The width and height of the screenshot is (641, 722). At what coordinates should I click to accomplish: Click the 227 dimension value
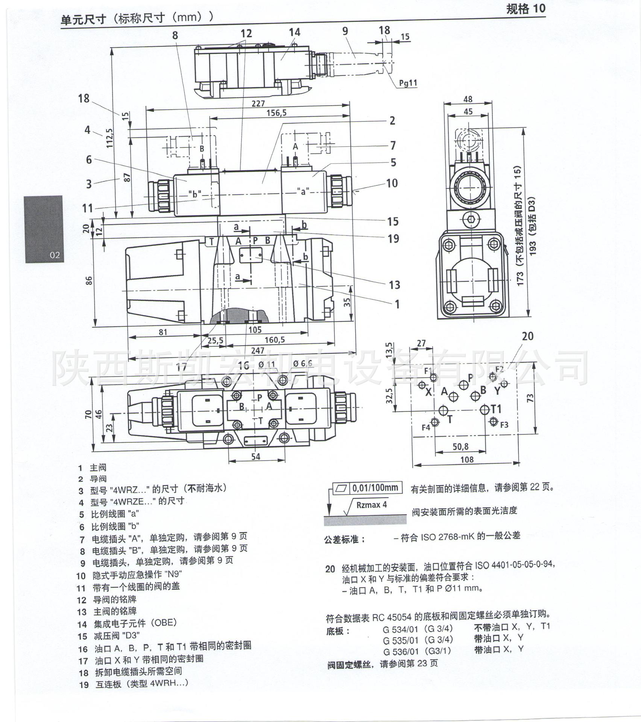258,103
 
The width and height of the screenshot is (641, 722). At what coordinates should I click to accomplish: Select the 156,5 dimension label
276,113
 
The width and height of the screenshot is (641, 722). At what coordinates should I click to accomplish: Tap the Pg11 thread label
408,83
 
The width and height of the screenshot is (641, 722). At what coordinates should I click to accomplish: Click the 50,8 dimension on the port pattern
460,447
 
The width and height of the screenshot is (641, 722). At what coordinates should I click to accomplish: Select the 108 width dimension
467,460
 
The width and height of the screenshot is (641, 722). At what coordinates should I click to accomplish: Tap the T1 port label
496,409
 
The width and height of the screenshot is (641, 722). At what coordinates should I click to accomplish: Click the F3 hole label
504,425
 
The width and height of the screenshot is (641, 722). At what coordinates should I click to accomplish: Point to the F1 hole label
428,371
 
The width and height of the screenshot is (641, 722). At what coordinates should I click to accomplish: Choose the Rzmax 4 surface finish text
371,505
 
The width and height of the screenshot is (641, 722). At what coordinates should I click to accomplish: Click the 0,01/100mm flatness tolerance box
375,488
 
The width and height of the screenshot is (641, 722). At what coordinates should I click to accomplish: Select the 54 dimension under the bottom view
255,457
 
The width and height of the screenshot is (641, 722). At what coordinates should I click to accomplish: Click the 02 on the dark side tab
55,255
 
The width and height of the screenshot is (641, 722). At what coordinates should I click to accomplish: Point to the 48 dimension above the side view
468,99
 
